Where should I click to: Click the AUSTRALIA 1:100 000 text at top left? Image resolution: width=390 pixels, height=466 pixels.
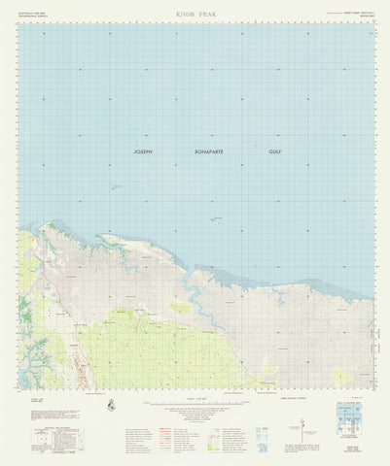(33, 14)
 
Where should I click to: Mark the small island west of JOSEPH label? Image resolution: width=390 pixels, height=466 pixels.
(116, 187)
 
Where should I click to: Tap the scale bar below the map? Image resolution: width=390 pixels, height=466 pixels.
(195, 400)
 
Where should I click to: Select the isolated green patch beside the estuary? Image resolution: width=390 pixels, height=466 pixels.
(181, 308)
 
